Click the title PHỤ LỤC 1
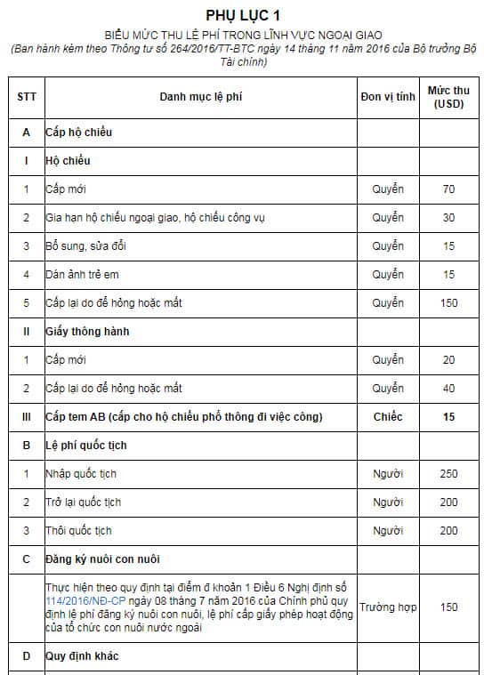pyautogui.click(x=242, y=15)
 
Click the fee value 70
pyautogui.click(x=448, y=189)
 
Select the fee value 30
pyautogui.click(x=448, y=218)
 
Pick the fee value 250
pyautogui.click(x=448, y=474)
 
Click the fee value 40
pyautogui.click(x=448, y=389)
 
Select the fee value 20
pyautogui.click(x=448, y=360)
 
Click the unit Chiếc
pyautogui.click(x=388, y=417)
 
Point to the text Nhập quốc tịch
pyautogui.click(x=83, y=474)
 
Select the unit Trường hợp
pyautogui.click(x=388, y=607)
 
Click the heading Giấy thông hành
pyautogui.click(x=82, y=332)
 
